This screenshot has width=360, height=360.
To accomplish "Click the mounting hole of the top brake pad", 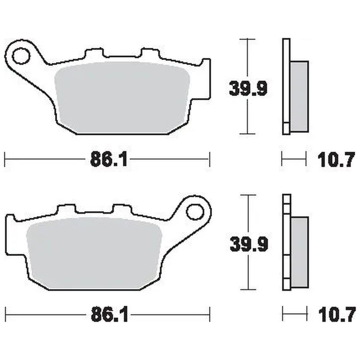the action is click(21, 56).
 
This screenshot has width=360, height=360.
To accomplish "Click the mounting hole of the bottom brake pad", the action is click(195, 212).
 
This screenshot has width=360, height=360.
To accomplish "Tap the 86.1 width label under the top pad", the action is click(109, 159).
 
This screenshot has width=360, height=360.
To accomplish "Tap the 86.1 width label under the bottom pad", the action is click(109, 315).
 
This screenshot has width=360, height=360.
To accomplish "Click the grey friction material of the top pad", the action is click(122, 98).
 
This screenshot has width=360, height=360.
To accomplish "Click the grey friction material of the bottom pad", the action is click(95, 253).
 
